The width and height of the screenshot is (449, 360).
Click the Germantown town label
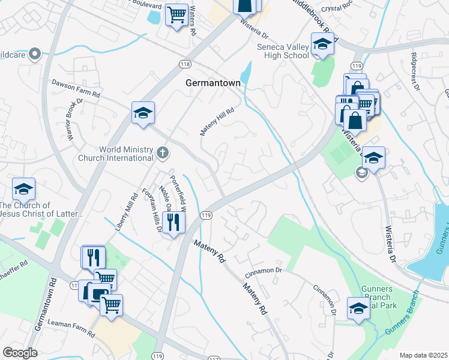tap(212, 83)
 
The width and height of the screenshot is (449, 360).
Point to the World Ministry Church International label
tap(116, 154)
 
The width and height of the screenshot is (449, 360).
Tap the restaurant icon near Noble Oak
tap(174, 223)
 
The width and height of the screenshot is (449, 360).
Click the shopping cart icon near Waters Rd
tap(176, 14)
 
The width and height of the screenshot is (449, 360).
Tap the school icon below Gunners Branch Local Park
tap(358, 310)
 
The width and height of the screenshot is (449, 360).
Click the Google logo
tap(20, 353)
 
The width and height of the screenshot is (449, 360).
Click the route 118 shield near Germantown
tap(184, 63)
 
